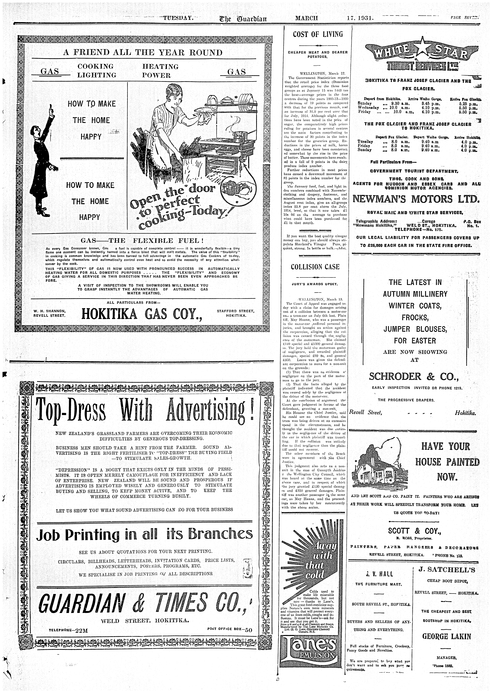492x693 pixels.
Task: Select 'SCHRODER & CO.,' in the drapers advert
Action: [414, 377]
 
